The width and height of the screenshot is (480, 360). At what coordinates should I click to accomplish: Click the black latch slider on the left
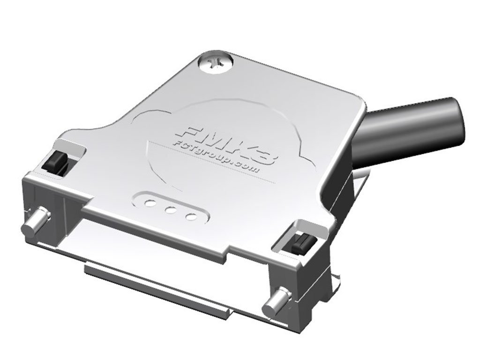pos(55,163)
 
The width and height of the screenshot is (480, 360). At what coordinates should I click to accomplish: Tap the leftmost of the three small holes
pos(150,203)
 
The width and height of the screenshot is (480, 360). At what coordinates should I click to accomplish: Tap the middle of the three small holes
pos(171,210)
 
